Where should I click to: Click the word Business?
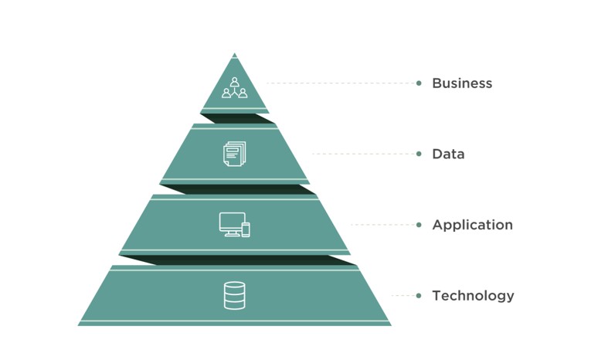pos(462,83)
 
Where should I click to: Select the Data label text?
pos(448,154)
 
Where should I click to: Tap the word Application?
pos(473,225)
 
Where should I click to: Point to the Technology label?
pos(473,296)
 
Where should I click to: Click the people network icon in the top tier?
pos(235,88)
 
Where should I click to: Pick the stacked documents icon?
pos(235,154)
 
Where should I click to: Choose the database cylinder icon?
pos(235,296)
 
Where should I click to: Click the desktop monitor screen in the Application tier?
pos(233,222)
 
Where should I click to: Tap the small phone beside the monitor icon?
pos(246,229)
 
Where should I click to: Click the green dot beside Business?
pos(419,83)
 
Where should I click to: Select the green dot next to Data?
pos(419,154)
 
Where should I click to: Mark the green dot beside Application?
pos(419,225)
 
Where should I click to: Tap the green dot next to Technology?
pos(419,296)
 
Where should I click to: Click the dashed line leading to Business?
pos(341,83)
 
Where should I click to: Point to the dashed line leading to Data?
pos(364,154)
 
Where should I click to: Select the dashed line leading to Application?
pos(384,225)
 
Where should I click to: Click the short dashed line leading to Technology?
pos(404,296)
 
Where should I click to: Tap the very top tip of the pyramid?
pos(235,53)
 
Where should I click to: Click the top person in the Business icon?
pos(235,82)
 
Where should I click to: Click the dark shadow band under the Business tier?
pos(237,119)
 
